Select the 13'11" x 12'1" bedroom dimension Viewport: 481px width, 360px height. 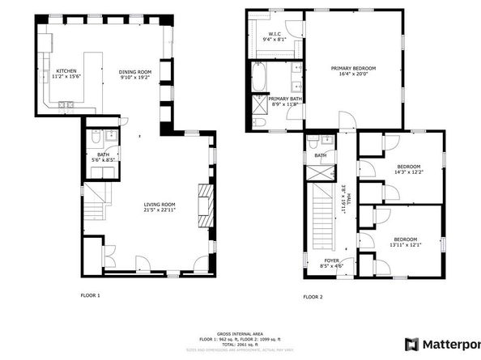pyautogui.click(x=405, y=245)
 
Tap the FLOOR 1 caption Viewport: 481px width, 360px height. pyautogui.click(x=91, y=295)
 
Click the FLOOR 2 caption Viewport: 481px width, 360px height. pyautogui.click(x=313, y=297)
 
